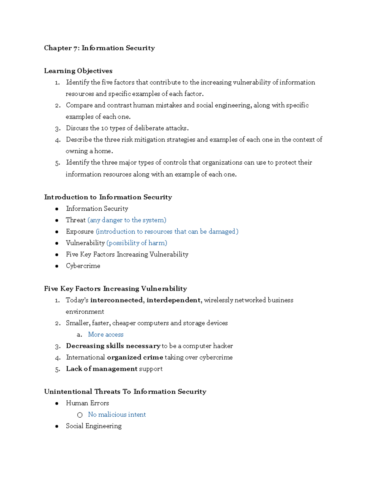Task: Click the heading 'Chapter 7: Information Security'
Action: tap(99, 48)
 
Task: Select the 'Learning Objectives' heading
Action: tap(78, 71)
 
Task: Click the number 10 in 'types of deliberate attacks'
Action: tap(104, 128)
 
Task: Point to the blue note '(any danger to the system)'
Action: tap(127, 220)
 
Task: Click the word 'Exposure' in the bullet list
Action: tap(80, 232)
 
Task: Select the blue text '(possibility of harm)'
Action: tap(137, 243)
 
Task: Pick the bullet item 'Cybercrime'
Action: tap(83, 266)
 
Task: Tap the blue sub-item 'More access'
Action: tap(106, 334)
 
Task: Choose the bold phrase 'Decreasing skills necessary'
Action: tap(113, 346)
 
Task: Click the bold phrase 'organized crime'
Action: tap(135, 357)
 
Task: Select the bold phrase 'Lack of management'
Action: tap(102, 369)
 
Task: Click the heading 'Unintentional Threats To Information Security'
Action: tap(125, 392)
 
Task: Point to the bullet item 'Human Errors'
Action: tap(87, 403)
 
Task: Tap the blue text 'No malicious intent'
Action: tap(117, 415)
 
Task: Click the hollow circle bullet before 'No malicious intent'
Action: tap(80, 415)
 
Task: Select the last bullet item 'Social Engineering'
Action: tap(93, 426)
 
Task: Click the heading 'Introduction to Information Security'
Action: tap(108, 197)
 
